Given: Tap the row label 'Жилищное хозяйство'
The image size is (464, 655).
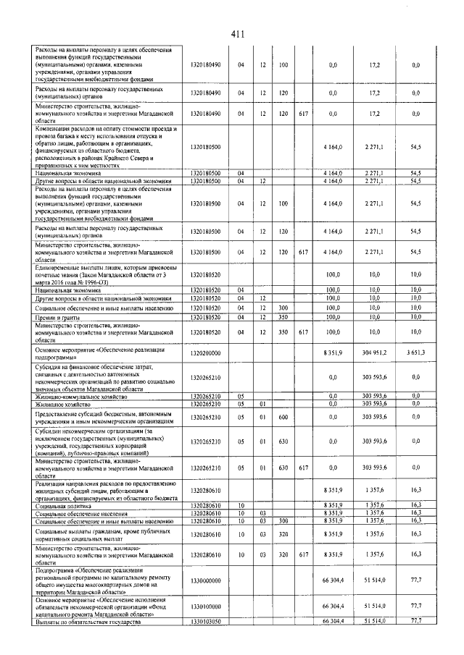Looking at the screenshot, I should tap(61, 404).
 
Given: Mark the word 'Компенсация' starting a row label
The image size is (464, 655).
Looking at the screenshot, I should tap(54, 128).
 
